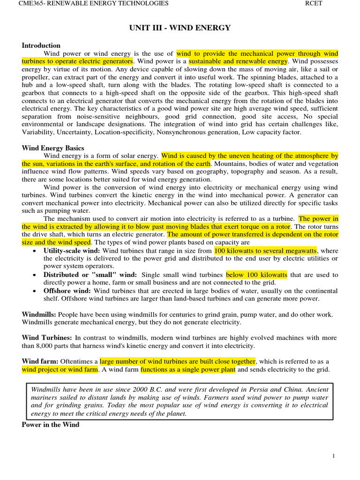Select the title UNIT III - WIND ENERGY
pyautogui.click(x=180, y=28)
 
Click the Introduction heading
pyautogui.click(x=41, y=45)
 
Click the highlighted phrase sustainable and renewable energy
pyautogui.click(x=238, y=61)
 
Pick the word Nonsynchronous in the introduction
pyautogui.click(x=179, y=133)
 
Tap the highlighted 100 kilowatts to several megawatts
pyautogui.click(x=265, y=251)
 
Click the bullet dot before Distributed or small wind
pyautogui.click(x=35, y=275)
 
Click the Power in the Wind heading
pyautogui.click(x=51, y=425)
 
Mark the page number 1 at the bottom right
pyautogui.click(x=333, y=456)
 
